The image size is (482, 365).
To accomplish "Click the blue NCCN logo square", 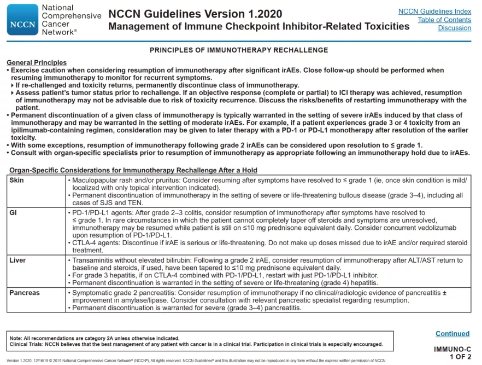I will [22, 20].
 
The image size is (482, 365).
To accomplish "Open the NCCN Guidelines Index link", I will [434, 11].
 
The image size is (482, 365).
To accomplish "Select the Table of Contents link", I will [444, 20].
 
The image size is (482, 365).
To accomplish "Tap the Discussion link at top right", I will [454, 28].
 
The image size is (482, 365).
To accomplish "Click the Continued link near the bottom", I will [452, 333].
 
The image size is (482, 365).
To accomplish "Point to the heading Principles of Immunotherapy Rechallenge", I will [239, 50].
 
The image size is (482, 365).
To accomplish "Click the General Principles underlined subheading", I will [37, 63].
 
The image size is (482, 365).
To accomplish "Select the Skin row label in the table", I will [17, 180].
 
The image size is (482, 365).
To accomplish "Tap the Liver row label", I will [17, 260].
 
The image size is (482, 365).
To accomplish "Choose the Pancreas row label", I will [25, 293].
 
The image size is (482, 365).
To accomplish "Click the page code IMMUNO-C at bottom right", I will [452, 349].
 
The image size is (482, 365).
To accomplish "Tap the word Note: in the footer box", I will [16, 338].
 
